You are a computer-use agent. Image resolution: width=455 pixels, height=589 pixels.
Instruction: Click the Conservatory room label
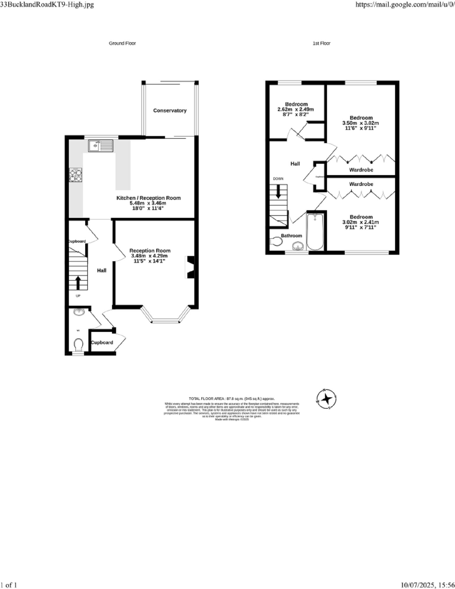click(170, 111)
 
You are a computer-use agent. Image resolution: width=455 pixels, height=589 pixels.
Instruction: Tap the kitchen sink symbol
click(100, 146)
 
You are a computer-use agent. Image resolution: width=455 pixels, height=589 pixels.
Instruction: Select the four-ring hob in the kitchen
click(75, 175)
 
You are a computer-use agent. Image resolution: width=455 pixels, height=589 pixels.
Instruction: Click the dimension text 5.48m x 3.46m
click(148, 203)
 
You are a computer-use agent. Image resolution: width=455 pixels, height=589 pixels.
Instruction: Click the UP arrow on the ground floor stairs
click(78, 282)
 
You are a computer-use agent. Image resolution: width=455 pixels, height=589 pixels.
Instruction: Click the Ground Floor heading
click(122, 43)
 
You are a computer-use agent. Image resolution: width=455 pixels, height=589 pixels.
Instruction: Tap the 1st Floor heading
click(321, 43)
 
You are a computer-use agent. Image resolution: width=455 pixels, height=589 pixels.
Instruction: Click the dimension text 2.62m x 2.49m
click(296, 109)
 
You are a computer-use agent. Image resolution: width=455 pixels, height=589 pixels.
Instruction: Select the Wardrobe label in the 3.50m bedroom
click(361, 170)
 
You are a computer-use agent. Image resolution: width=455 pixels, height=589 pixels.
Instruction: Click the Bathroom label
click(291, 236)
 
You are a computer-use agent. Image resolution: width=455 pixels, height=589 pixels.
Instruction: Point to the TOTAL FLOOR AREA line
click(232, 399)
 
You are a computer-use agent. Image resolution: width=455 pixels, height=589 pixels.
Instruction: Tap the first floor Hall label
click(295, 164)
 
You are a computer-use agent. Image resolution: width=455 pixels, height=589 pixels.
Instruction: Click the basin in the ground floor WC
click(79, 312)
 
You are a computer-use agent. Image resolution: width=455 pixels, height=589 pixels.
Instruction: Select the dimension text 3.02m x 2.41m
click(361, 222)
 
